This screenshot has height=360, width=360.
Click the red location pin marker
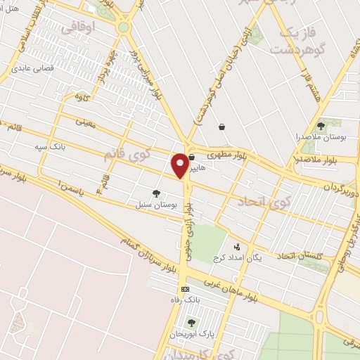(181, 165)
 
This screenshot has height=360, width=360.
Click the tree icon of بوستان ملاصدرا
(321, 126)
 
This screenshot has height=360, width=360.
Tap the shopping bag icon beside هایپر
(191, 158)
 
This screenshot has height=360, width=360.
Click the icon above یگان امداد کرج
(237, 247)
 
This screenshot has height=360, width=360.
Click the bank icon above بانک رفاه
(185, 289)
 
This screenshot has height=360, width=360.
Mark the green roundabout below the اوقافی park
(124, 27)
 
